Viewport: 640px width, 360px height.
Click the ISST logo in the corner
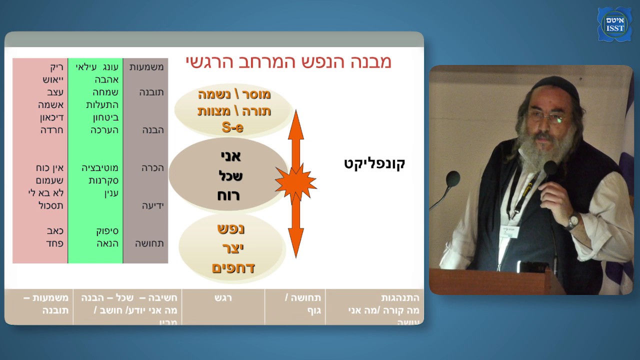click(x=614, y=24)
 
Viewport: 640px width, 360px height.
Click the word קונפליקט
click(x=374, y=163)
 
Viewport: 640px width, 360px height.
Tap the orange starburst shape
click(x=295, y=183)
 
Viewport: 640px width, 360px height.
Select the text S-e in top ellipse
click(x=232, y=127)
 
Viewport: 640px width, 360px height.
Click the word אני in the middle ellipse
click(x=230, y=156)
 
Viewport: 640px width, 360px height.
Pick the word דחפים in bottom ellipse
click(x=233, y=267)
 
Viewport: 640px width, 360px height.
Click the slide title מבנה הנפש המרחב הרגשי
click(x=288, y=62)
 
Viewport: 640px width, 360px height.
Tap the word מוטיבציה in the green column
click(x=100, y=167)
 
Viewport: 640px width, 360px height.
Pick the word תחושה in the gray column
click(x=149, y=243)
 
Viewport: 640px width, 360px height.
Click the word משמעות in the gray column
click(x=146, y=67)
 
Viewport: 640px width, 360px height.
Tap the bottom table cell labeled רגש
click(x=222, y=298)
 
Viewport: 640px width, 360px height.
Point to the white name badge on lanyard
click(x=509, y=232)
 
